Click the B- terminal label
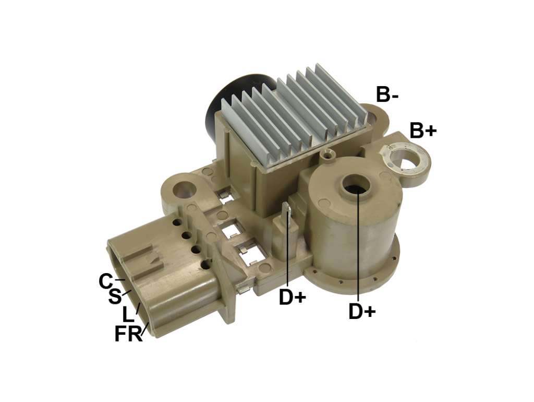387,94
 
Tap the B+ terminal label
423,130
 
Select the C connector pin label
105,281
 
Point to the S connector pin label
115,297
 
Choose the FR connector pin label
128,334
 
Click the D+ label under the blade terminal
292,297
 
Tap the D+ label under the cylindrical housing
362,311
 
